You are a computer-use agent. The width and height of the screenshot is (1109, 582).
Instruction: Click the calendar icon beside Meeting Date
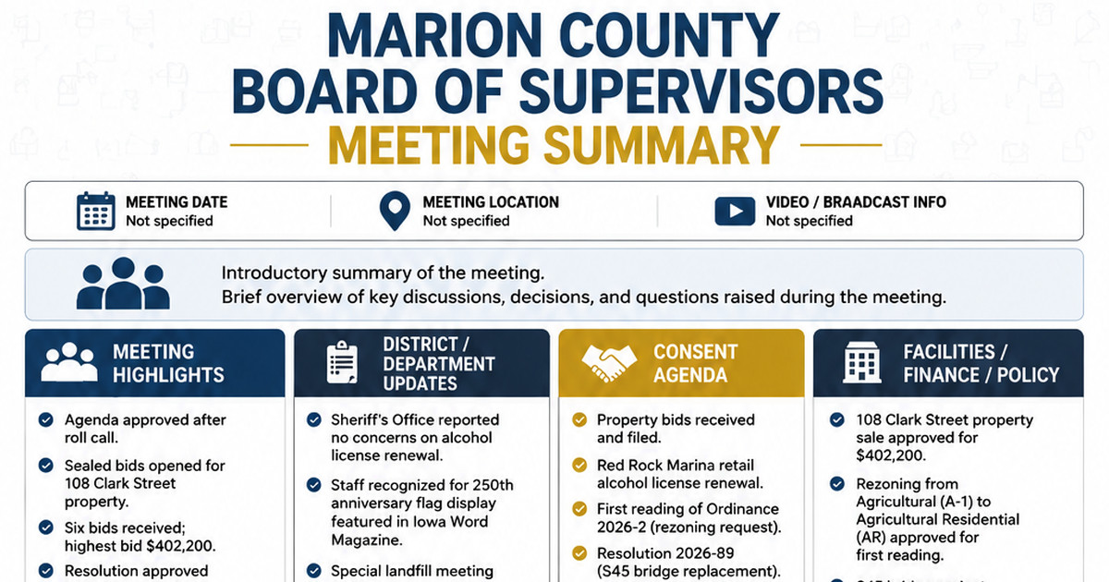[95, 211]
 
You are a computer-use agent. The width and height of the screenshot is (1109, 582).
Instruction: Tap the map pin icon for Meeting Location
[395, 212]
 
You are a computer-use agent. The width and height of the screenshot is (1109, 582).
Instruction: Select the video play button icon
[735, 212]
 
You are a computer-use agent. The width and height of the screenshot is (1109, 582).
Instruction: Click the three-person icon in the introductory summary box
[123, 284]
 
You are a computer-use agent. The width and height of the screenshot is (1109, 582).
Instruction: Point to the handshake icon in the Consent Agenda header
[608, 363]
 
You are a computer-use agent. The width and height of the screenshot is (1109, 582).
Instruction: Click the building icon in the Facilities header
[862, 363]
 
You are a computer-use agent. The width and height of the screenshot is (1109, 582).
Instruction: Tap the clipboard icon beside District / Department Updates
[342, 362]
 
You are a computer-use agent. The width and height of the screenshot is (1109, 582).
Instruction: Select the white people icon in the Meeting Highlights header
[69, 362]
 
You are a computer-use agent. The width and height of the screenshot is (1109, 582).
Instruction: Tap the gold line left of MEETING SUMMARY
[269, 145]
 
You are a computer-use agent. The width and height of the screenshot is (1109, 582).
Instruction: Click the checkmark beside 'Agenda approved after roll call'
[46, 420]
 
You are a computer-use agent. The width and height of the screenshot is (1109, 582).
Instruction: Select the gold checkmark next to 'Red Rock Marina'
[579, 466]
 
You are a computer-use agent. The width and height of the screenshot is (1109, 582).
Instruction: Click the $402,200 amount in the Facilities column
[890, 455]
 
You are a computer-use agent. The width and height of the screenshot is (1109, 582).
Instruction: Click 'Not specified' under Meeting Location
[466, 221]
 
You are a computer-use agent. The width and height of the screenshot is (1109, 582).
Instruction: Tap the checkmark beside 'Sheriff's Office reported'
[314, 419]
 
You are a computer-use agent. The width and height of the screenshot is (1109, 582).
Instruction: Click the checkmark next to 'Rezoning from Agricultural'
[837, 483]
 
